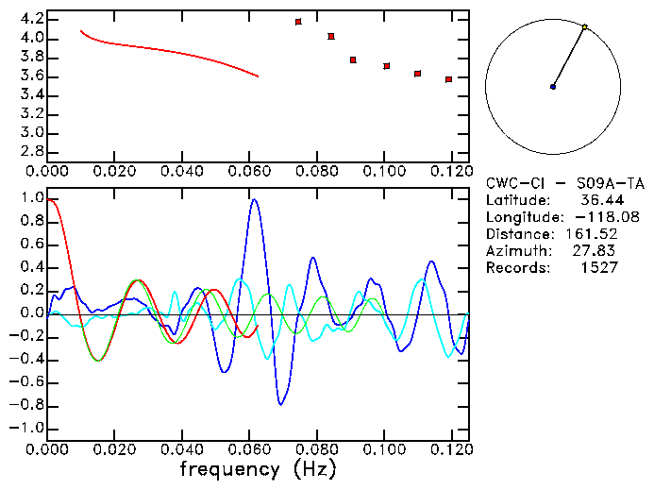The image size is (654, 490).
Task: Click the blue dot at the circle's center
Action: click(553, 87)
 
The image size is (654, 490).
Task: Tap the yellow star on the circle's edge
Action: click(585, 26)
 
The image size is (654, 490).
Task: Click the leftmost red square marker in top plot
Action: click(298, 22)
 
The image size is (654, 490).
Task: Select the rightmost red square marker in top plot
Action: click(448, 79)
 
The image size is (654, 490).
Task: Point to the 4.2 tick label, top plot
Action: click(32, 19)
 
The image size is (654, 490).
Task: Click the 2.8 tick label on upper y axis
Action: click(32, 151)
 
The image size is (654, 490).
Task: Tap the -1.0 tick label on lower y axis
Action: click(28, 428)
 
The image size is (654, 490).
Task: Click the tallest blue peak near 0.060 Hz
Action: click(254, 199)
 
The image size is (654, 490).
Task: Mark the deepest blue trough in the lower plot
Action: click(280, 404)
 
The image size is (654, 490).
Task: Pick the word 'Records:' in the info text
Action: click(516, 267)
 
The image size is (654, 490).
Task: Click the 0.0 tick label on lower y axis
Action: click(32, 313)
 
